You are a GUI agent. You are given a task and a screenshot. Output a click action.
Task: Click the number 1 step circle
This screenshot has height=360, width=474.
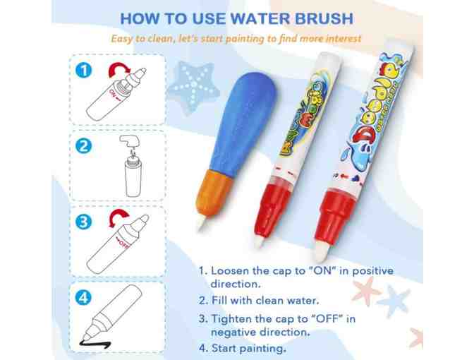tap(85, 71)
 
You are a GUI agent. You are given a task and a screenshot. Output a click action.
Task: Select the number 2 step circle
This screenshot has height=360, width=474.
tap(85, 146)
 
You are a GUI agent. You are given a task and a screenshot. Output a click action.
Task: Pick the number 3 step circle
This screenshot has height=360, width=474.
tap(85, 222)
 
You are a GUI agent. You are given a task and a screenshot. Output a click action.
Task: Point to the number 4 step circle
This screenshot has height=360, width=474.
tap(85, 297)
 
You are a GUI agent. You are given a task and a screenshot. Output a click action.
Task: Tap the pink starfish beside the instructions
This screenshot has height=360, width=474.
tap(366, 290)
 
